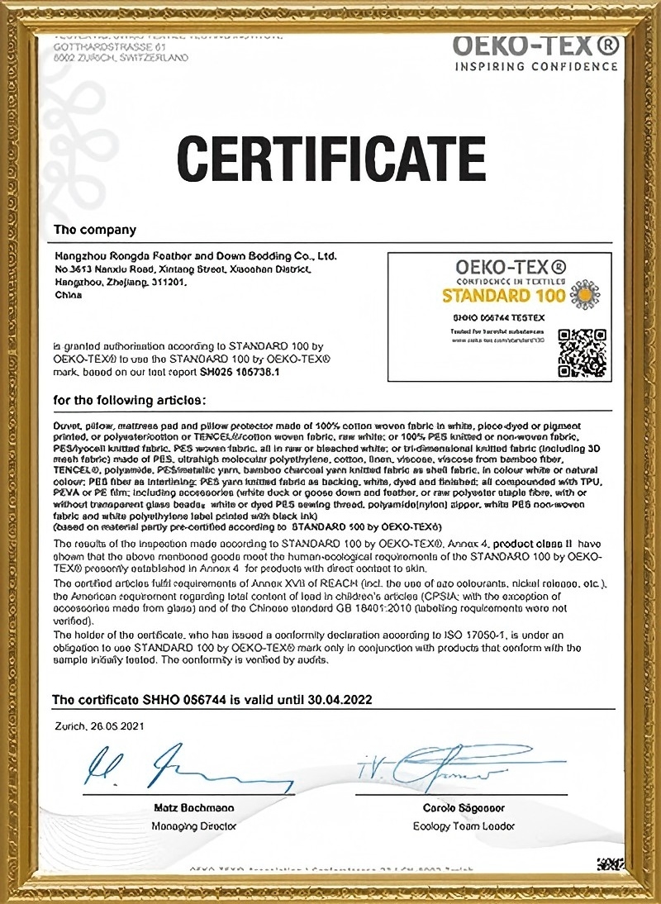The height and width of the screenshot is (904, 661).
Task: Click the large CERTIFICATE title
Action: click(x=330, y=160)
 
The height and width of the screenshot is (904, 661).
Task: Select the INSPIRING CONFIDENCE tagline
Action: click(x=536, y=66)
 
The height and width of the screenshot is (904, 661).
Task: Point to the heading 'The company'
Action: click(x=95, y=229)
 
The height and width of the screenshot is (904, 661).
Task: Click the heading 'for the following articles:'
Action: click(x=129, y=400)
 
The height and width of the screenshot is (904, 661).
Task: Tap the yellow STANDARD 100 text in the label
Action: click(x=504, y=296)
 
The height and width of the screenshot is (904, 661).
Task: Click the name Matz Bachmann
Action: click(x=194, y=807)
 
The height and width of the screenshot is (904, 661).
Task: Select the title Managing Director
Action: click(x=194, y=825)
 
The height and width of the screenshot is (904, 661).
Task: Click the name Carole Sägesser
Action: click(x=464, y=807)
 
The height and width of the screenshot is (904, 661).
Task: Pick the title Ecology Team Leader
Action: click(x=464, y=825)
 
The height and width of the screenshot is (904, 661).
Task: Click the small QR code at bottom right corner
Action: click(x=611, y=864)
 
